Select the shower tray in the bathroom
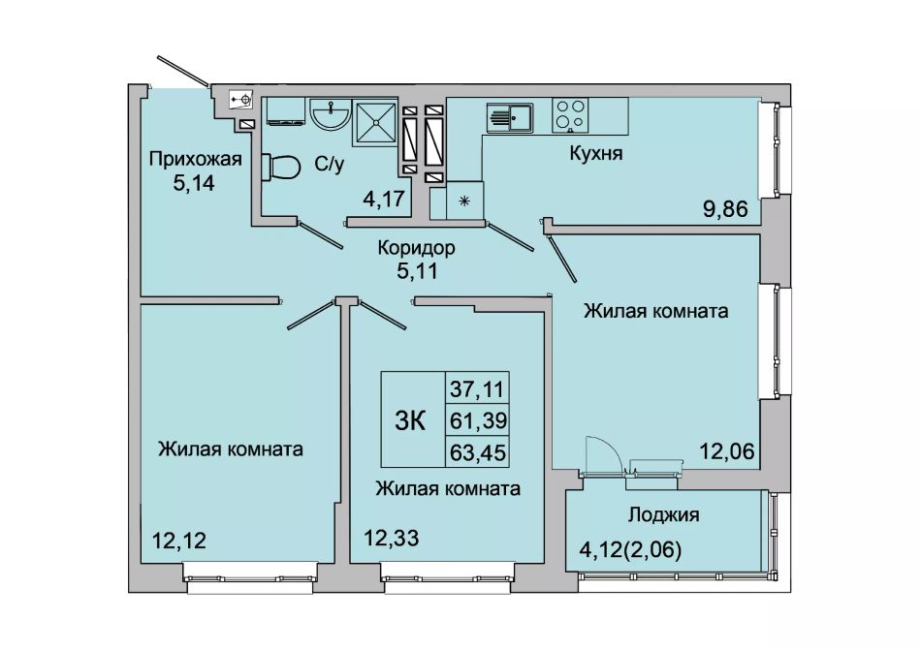pyautogui.click(x=375, y=123)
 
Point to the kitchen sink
pyautogui.click(x=510, y=118)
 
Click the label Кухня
pyautogui.click(x=595, y=154)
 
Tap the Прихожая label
pyautogui.click(x=196, y=160)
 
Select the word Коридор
pyautogui.click(x=416, y=248)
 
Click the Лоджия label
pyautogui.click(x=664, y=515)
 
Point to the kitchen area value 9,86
pyautogui.click(x=725, y=208)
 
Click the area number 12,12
pyautogui.click(x=179, y=540)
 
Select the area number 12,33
pyautogui.click(x=392, y=538)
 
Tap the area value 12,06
pyautogui.click(x=726, y=451)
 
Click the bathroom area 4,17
pyautogui.click(x=384, y=199)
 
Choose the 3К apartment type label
pyautogui.click(x=410, y=420)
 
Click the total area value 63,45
pyautogui.click(x=478, y=452)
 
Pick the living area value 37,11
pyautogui.click(x=478, y=387)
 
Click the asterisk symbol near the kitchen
pyautogui.click(x=464, y=201)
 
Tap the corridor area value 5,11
pyautogui.click(x=417, y=271)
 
